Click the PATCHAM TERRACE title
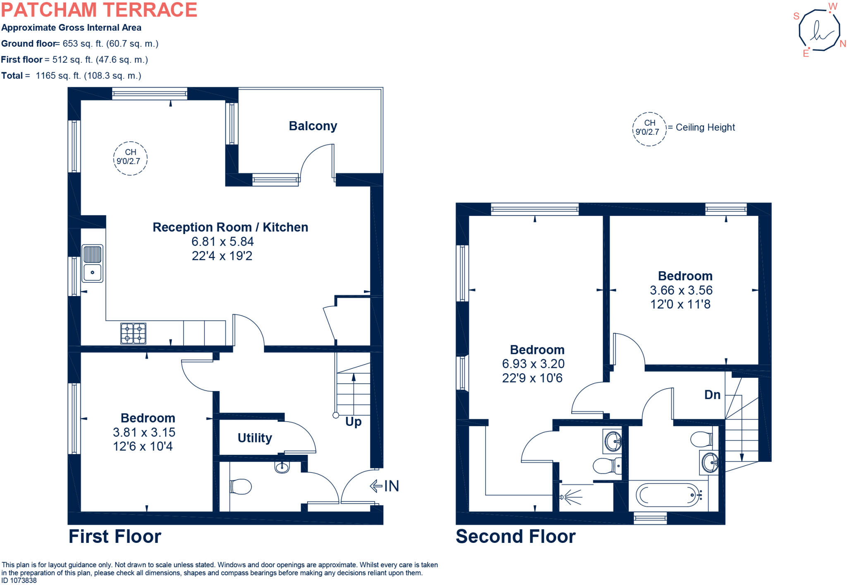click(99, 10)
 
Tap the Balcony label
click(313, 126)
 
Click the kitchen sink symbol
click(92, 263)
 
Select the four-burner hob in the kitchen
click(133, 333)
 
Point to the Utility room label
click(255, 438)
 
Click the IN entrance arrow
click(384, 486)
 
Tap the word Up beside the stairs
click(353, 422)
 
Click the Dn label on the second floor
click(712, 395)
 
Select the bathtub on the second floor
click(668, 495)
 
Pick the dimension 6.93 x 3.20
click(533, 364)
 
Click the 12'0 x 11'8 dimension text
click(680, 304)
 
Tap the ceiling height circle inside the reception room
click(130, 158)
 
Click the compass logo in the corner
click(819, 31)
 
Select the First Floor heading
click(115, 536)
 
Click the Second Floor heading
click(515, 536)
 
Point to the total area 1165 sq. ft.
click(88, 76)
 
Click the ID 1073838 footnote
click(19, 580)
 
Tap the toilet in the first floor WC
click(241, 487)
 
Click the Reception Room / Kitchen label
click(230, 227)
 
